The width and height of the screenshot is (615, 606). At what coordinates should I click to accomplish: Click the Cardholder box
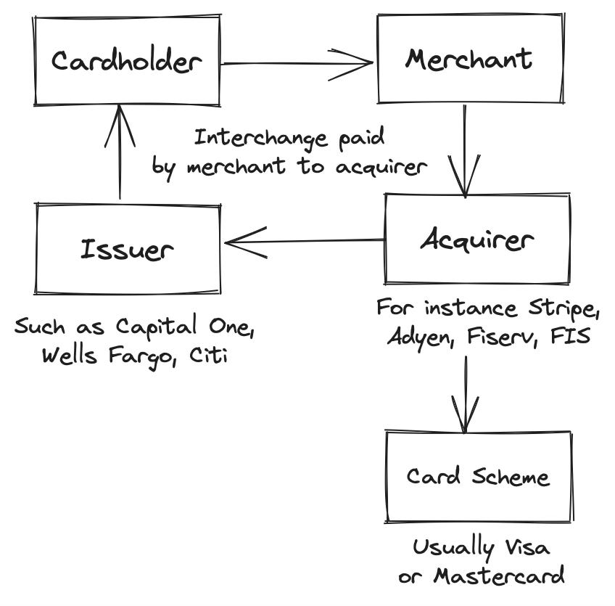click(x=126, y=61)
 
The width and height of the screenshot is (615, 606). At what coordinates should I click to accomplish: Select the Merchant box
click(x=469, y=58)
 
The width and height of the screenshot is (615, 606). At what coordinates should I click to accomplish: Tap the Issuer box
click(x=128, y=250)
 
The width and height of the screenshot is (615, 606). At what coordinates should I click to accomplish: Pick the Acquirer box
click(x=476, y=239)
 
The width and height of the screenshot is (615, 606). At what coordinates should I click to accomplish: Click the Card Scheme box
click(x=477, y=477)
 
